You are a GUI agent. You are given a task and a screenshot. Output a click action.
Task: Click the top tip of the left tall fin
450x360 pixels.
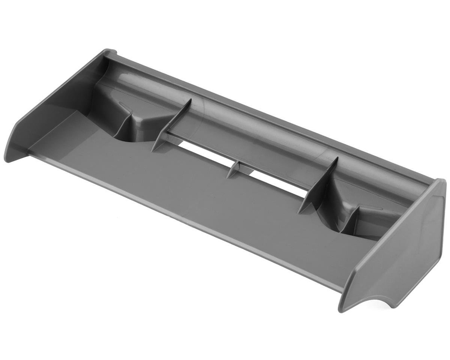(x=190, y=100)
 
